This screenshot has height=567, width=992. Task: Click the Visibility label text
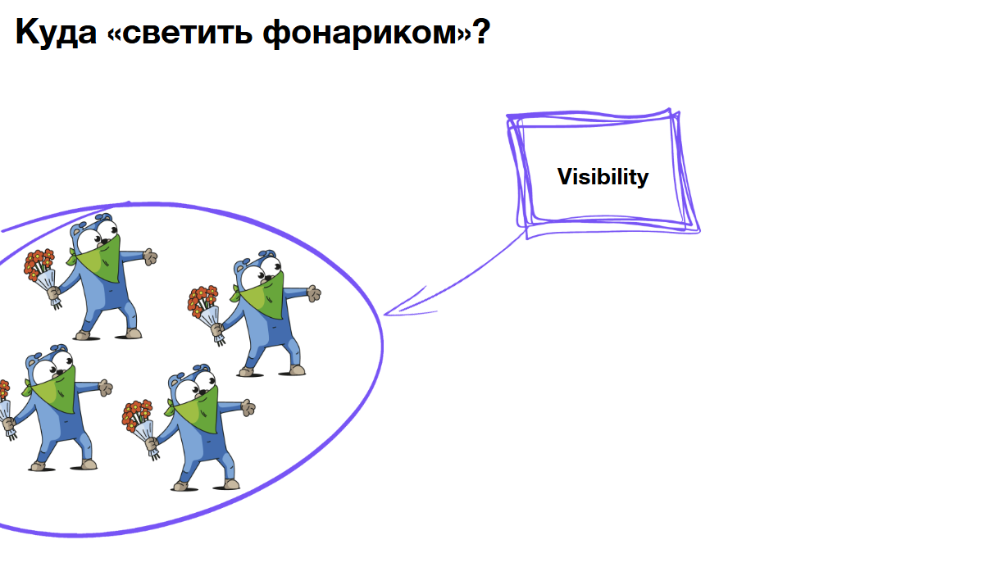603,177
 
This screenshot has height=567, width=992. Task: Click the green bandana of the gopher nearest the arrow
264,293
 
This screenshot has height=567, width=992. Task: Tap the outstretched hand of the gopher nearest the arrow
313,292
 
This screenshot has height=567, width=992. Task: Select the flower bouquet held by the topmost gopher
39,266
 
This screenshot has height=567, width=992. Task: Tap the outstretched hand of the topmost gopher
149,256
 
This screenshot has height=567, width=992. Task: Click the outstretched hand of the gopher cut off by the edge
104,388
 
